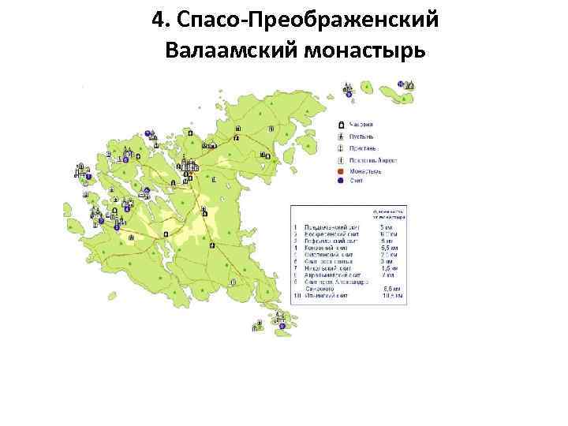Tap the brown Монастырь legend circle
(x=340, y=170)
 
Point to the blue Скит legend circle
(x=340, y=181)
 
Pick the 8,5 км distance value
(x=390, y=290)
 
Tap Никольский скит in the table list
(x=327, y=268)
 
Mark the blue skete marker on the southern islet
(x=282, y=325)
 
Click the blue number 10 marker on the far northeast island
(x=401, y=84)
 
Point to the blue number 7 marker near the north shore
(x=148, y=133)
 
